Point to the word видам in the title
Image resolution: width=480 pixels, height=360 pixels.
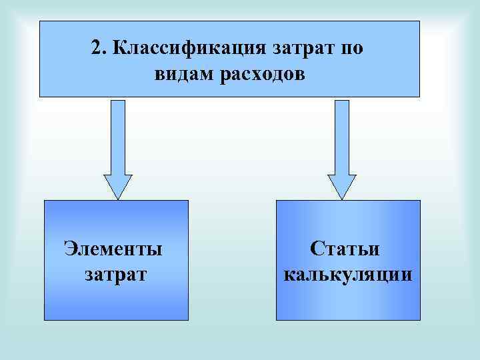pos(182,73)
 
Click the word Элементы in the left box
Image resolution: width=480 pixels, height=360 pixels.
pos(113,249)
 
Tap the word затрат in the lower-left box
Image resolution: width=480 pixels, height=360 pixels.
pos(115,274)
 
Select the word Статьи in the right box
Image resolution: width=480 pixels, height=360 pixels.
pos(345,249)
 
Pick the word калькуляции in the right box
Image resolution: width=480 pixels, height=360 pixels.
pos(347,274)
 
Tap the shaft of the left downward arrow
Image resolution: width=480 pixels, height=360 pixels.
pos(118,137)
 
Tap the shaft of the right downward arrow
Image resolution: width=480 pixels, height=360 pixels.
pos(341,137)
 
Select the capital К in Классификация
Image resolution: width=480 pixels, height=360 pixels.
pos(121,49)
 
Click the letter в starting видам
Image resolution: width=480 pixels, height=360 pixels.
pos(159,73)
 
